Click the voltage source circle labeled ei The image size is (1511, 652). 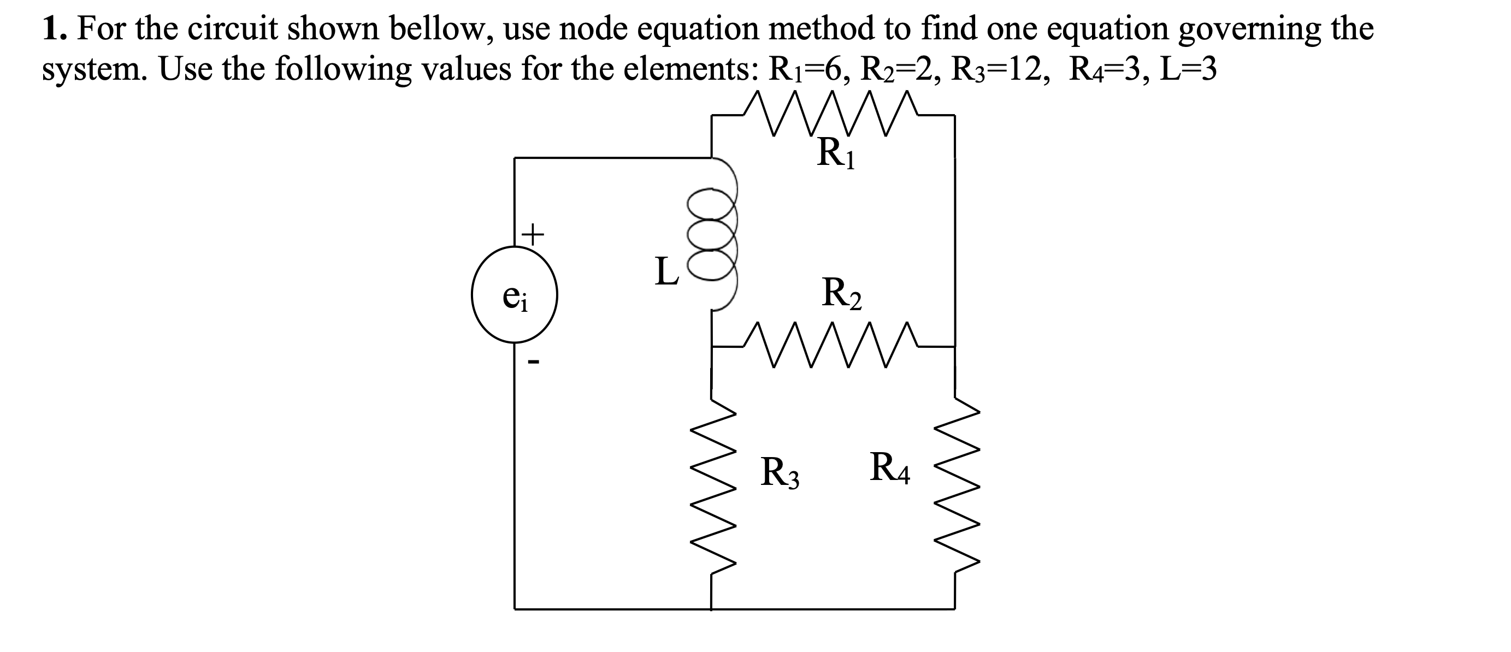515,294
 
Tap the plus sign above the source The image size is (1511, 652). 122,234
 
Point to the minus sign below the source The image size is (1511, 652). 122,363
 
